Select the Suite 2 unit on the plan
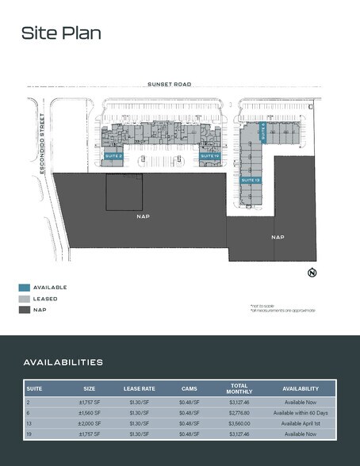(113, 156)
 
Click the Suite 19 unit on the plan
(209, 156)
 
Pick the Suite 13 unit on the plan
(251, 181)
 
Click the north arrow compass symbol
(312, 273)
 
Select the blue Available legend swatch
(25, 287)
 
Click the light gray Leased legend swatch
(25, 299)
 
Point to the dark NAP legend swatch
(25, 310)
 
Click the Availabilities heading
(63, 362)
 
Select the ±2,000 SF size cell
(89, 424)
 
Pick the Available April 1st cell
(301, 424)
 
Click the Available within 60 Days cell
(301, 413)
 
